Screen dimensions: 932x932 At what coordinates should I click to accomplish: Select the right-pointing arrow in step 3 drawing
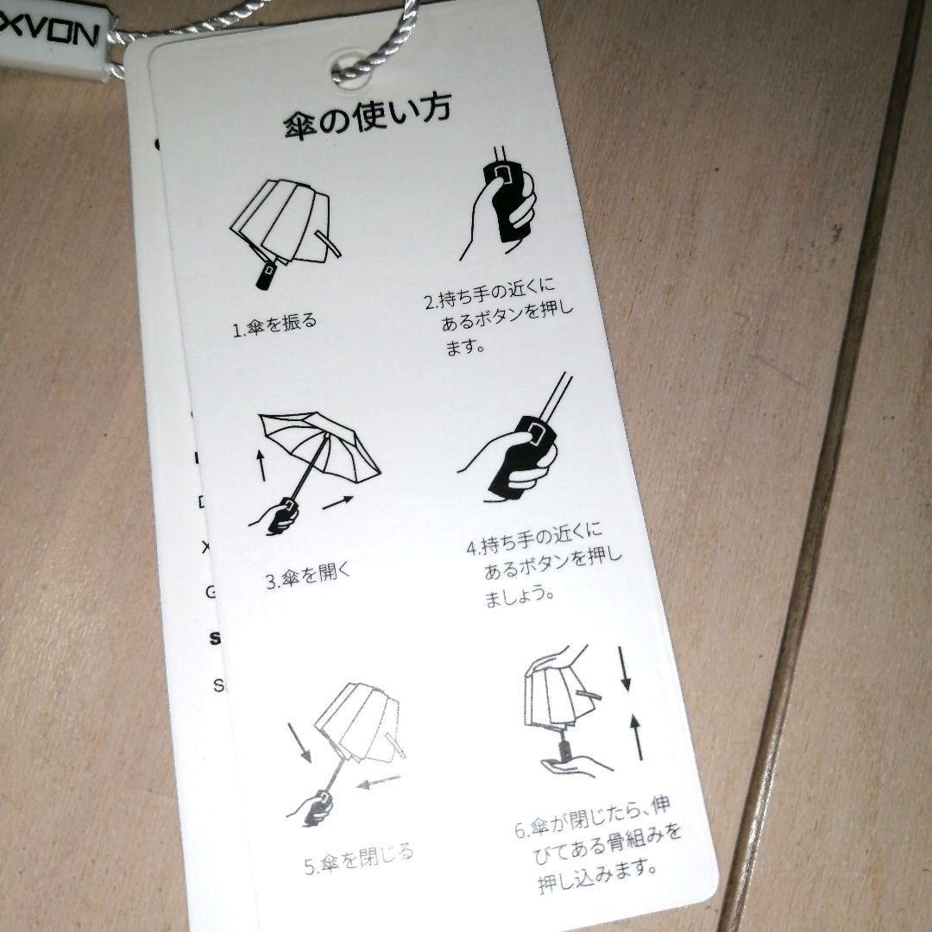[340, 501]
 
